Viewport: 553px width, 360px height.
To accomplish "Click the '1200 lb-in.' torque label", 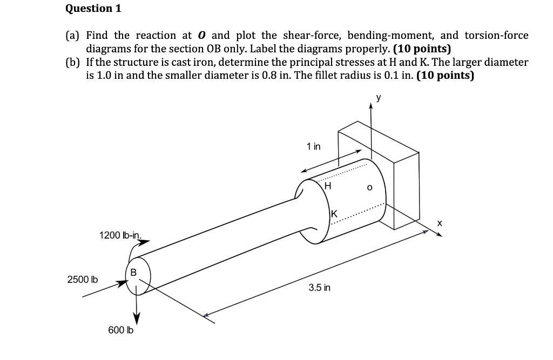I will pyautogui.click(x=120, y=235).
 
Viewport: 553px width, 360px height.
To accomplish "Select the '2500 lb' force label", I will pyautogui.click(x=82, y=280).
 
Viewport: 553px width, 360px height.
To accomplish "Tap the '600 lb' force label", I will pyautogui.click(x=121, y=330).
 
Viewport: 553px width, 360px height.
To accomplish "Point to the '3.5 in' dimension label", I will pyautogui.click(x=320, y=288).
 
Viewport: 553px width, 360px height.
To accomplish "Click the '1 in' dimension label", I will pyautogui.click(x=313, y=146).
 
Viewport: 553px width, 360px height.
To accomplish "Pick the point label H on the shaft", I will pyautogui.click(x=327, y=186).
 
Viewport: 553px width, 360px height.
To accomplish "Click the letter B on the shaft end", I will pyautogui.click(x=133, y=271).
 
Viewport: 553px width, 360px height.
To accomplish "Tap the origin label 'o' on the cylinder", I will pyautogui.click(x=369, y=188).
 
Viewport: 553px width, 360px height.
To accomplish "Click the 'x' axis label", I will pyautogui.click(x=440, y=222).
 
